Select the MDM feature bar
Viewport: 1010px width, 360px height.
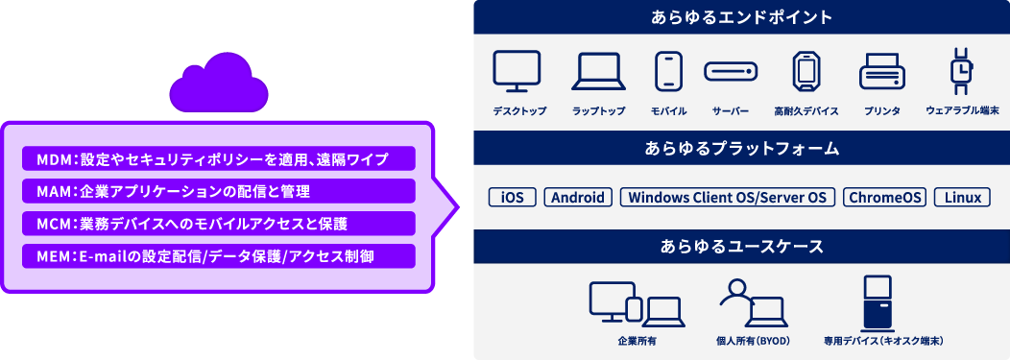[218, 158]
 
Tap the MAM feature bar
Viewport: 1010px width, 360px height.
[218, 191]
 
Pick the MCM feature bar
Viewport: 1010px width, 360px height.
[218, 224]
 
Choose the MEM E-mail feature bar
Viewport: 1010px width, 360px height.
[218, 256]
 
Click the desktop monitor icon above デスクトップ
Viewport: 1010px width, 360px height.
[517, 71]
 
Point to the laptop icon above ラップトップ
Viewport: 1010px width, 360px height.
[598, 72]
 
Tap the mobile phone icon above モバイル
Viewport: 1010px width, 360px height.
[668, 71]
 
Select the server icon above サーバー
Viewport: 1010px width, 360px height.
[731, 72]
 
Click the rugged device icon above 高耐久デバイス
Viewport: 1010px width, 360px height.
[806, 71]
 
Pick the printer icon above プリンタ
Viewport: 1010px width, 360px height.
[880, 71]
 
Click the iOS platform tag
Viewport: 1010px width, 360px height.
[513, 198]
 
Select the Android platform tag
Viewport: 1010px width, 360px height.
[579, 198]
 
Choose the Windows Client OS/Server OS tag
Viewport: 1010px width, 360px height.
[728, 198]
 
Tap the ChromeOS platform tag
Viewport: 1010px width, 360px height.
[884, 198]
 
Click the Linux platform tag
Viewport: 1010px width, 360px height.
[962, 198]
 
